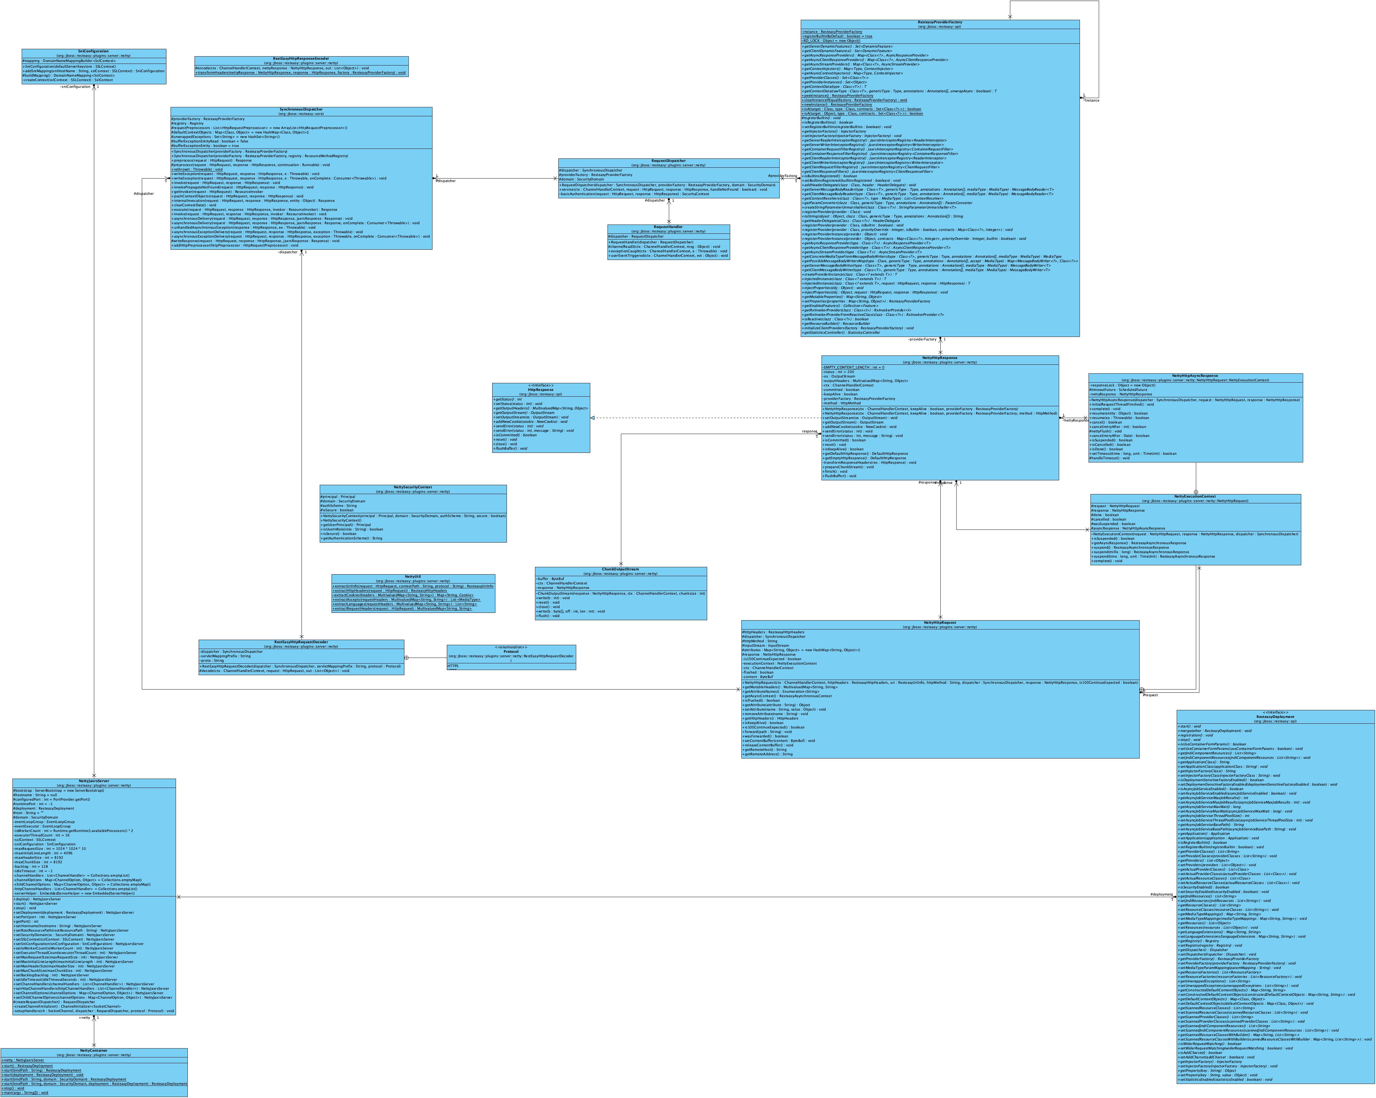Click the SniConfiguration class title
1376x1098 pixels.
(94, 51)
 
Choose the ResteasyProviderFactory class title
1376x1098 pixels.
(939, 22)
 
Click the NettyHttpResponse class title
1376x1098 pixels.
(939, 358)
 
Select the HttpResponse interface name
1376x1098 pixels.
(540, 390)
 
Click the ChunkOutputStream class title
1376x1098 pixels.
(620, 569)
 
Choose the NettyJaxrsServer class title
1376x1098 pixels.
(94, 781)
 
